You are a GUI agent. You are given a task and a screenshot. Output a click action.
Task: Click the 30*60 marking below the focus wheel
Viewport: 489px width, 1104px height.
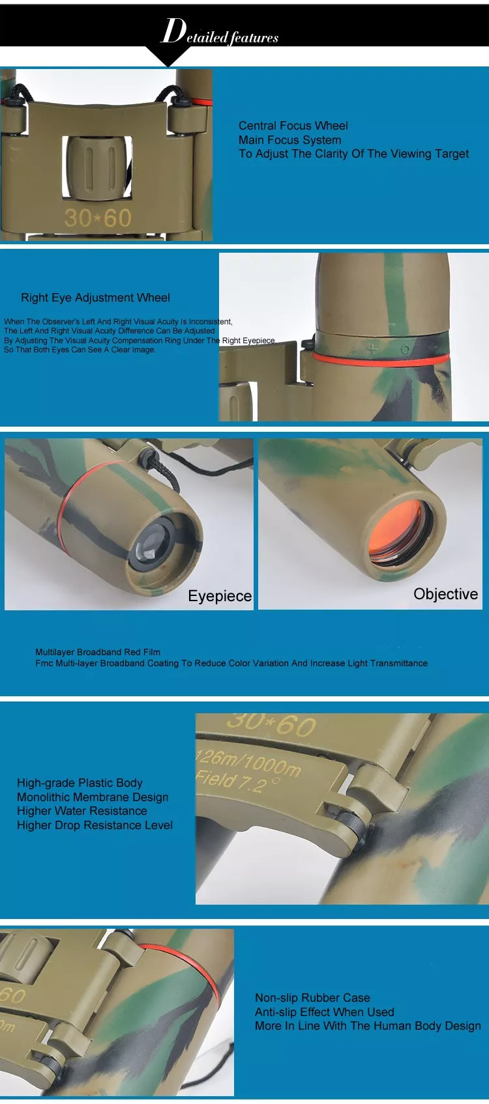[x=98, y=218]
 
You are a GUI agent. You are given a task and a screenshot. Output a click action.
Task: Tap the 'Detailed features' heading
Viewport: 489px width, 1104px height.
[x=220, y=33]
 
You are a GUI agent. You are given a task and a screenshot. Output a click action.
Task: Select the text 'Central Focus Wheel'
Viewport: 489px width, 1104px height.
[x=293, y=126]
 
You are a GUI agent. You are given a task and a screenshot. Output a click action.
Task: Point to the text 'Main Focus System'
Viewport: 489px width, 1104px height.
[x=289, y=140]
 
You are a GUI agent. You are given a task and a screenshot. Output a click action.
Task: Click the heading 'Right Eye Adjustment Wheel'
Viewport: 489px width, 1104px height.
[x=95, y=298]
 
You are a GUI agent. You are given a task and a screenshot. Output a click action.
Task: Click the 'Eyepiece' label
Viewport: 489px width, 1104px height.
[x=220, y=596]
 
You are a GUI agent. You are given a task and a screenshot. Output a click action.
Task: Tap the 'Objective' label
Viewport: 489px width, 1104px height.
[x=445, y=594]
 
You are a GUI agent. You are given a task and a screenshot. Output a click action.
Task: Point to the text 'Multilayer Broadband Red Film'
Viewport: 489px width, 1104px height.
[x=98, y=652]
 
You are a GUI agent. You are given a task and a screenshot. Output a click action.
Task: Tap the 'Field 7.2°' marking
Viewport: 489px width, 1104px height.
[x=238, y=781]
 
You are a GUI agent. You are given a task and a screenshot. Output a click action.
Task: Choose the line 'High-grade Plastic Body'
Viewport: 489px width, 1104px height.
[x=80, y=783]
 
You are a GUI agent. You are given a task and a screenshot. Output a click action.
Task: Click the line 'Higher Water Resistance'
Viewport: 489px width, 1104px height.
[x=82, y=811]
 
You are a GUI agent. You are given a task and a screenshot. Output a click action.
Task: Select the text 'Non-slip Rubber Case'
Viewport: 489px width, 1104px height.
[x=312, y=998]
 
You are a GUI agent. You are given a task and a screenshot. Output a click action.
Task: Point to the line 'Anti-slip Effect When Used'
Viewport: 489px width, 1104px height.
[x=324, y=1012]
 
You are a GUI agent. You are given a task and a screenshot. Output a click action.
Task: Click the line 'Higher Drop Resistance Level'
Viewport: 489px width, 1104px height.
[x=95, y=825]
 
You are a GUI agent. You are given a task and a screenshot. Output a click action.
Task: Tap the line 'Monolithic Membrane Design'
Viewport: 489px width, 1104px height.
[x=93, y=797]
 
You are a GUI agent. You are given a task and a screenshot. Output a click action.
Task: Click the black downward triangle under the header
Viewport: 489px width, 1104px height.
[x=168, y=56]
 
